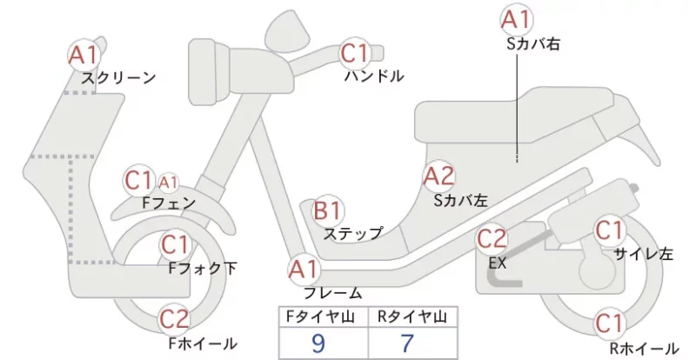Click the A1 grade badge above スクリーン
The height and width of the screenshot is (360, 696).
pyautogui.click(x=84, y=56)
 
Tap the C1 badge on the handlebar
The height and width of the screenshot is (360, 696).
pyautogui.click(x=355, y=53)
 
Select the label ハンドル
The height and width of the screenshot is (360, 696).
pyautogui.click(x=375, y=77)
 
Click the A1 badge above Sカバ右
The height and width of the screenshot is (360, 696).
pyautogui.click(x=516, y=20)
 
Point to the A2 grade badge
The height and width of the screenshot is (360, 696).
pyautogui.click(x=439, y=177)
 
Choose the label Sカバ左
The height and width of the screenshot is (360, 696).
pyautogui.click(x=461, y=201)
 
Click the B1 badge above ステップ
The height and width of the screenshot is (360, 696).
pyautogui.click(x=328, y=210)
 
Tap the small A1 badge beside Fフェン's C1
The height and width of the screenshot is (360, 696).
pyautogui.click(x=168, y=182)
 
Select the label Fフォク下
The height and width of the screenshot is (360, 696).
pyautogui.click(x=203, y=269)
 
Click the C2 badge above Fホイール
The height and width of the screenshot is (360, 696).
pyautogui.click(x=175, y=319)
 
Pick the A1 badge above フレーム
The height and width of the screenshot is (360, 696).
pyautogui.click(x=304, y=270)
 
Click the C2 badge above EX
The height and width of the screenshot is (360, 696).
pyautogui.click(x=492, y=240)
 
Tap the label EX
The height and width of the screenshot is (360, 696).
pyautogui.click(x=497, y=263)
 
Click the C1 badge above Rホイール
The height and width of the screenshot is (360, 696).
pyautogui.click(x=609, y=324)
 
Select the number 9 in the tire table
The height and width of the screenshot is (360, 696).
pyautogui.click(x=318, y=343)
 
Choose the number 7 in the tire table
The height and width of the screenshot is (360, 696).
pyautogui.click(x=407, y=343)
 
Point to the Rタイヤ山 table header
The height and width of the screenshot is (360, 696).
pyautogui.click(x=412, y=317)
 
